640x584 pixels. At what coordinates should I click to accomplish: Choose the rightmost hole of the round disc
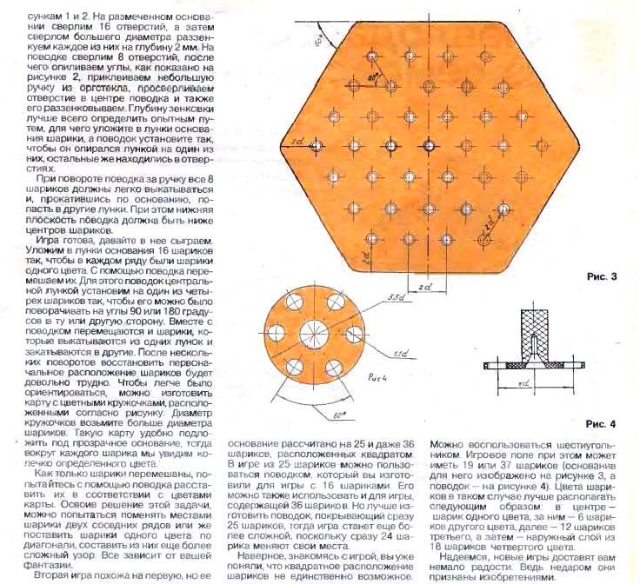352,334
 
